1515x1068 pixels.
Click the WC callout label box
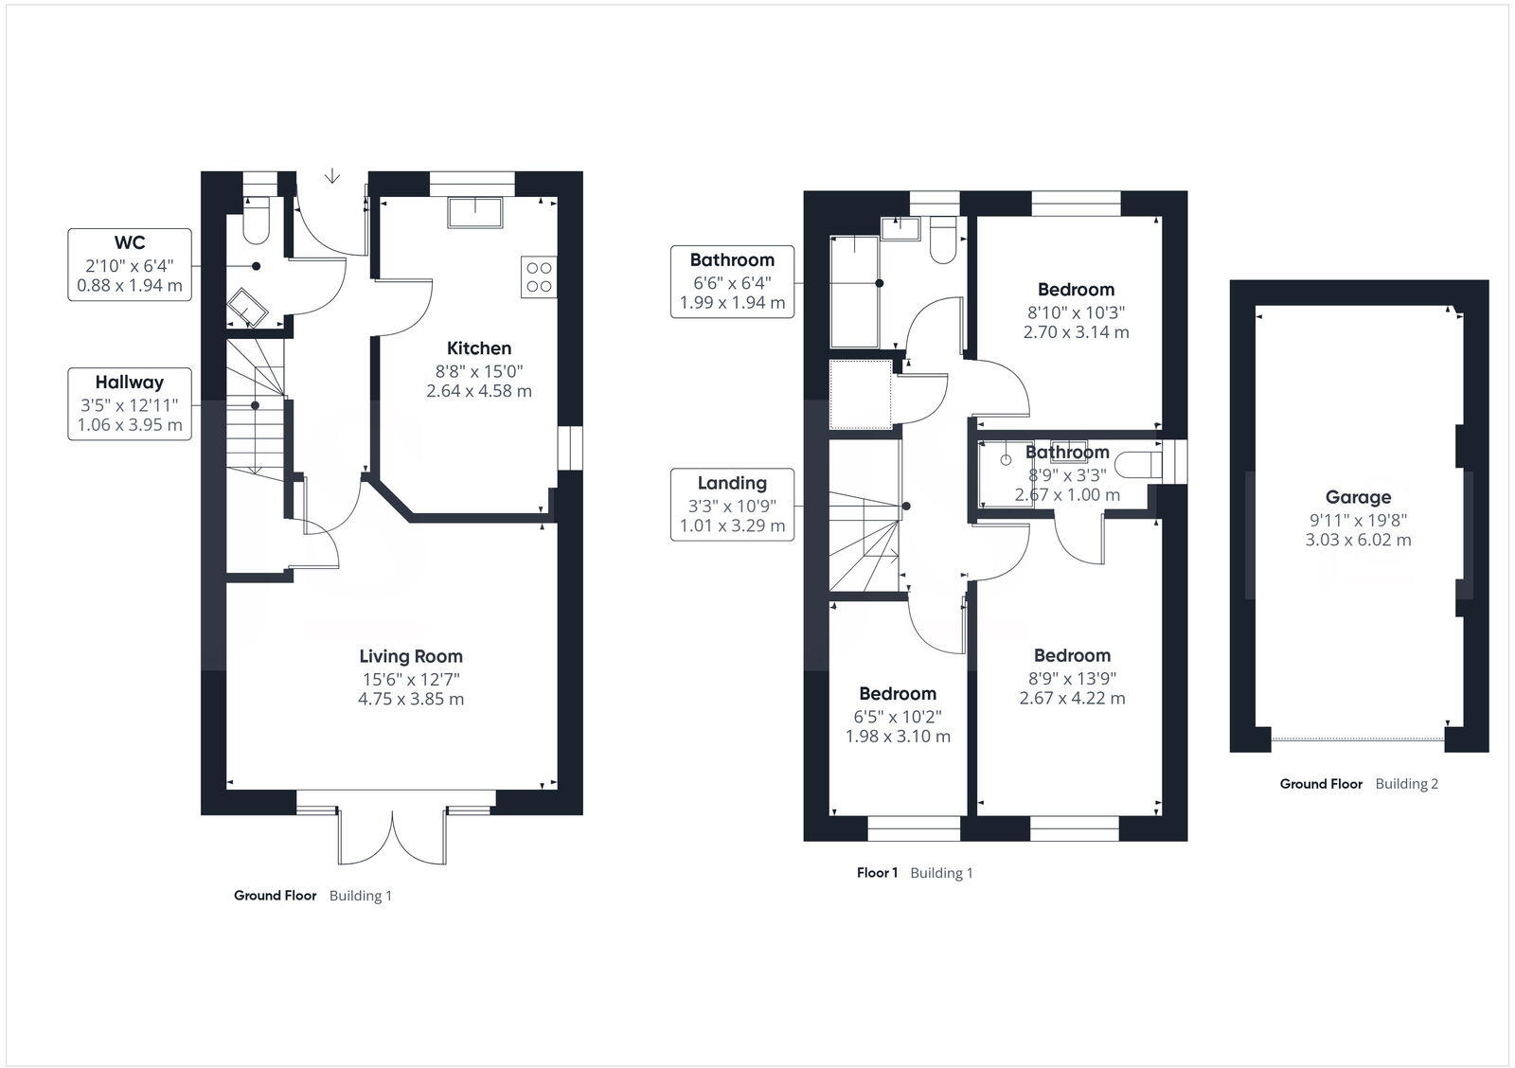click(130, 264)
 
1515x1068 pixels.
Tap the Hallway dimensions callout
click(130, 403)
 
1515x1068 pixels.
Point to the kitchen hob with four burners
click(539, 276)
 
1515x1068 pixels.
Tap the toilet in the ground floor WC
click(256, 221)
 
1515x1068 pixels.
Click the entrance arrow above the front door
click(332, 175)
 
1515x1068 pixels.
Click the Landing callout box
click(732, 504)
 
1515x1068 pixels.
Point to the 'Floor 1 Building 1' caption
click(915, 873)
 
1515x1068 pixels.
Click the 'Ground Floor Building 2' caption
click(1359, 784)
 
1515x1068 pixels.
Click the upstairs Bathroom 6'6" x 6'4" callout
click(732, 281)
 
